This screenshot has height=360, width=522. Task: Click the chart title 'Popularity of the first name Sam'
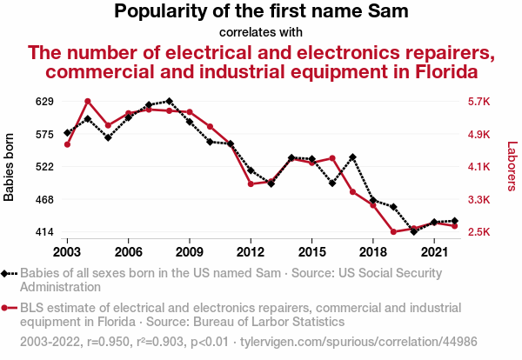tap(261, 12)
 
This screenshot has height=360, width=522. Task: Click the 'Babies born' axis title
tap(10, 167)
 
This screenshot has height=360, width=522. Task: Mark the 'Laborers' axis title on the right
tap(512, 167)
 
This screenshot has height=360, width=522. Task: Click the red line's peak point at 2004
tap(88, 102)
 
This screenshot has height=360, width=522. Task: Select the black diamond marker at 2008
tap(169, 102)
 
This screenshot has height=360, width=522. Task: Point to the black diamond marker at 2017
tap(352, 157)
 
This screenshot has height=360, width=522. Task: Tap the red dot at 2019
tap(393, 232)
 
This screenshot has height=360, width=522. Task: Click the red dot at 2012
tap(251, 184)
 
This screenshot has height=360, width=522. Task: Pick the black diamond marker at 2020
tap(414, 231)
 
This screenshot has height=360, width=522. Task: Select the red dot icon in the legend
tap(9, 307)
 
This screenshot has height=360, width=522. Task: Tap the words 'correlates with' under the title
tap(261, 32)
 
